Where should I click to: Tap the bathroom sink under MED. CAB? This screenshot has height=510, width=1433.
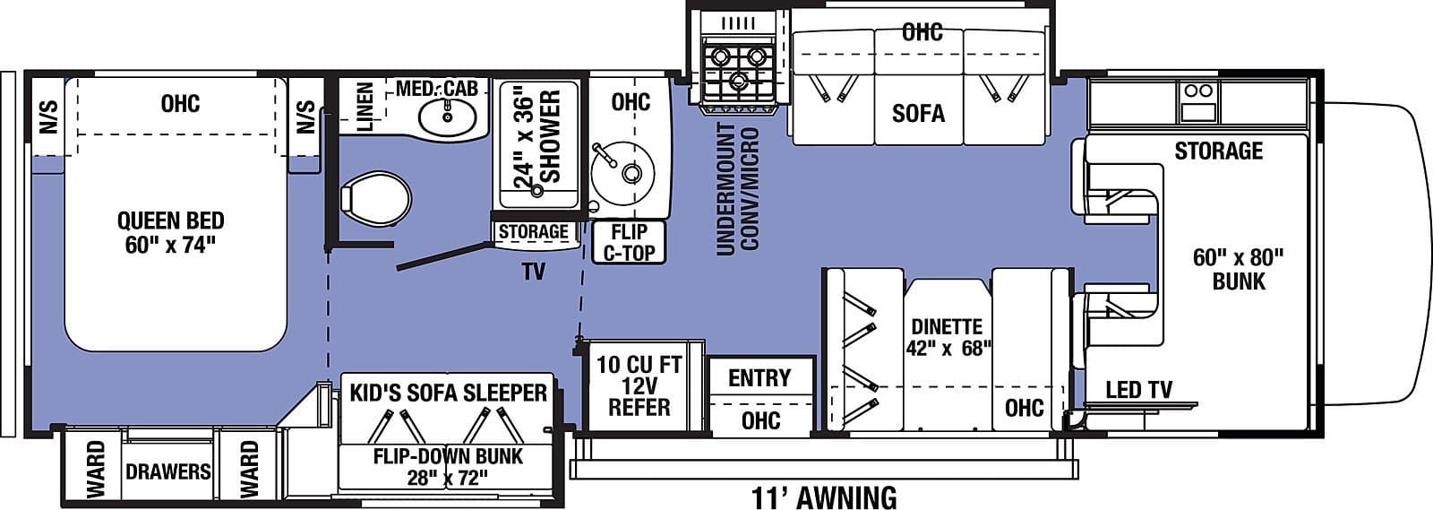pyautogui.click(x=445, y=116)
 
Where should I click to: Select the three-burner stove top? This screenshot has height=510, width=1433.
pyautogui.click(x=738, y=68)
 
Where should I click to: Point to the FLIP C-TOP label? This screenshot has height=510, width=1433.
pyautogui.click(x=629, y=242)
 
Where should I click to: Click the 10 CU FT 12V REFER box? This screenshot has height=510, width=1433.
pyautogui.click(x=639, y=386)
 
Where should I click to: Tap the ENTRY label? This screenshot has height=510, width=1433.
pyautogui.click(x=759, y=378)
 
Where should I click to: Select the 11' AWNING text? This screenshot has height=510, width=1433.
pyautogui.click(x=823, y=496)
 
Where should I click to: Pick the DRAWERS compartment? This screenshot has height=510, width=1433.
pyautogui.click(x=167, y=471)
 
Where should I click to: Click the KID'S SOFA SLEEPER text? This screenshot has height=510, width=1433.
pyautogui.click(x=448, y=393)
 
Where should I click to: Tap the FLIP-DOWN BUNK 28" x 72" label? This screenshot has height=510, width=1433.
pyautogui.click(x=448, y=466)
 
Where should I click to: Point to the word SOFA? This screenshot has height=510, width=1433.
pyautogui.click(x=918, y=113)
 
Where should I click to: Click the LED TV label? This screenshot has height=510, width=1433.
pyautogui.click(x=1137, y=390)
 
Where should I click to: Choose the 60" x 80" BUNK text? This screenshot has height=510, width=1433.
pyautogui.click(x=1238, y=269)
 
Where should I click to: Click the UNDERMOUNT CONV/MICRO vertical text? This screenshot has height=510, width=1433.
pyautogui.click(x=738, y=189)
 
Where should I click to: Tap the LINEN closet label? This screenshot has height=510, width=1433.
pyautogui.click(x=365, y=107)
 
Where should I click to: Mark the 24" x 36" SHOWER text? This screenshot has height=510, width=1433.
pyautogui.click(x=537, y=136)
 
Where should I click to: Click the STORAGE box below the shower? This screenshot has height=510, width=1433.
pyautogui.click(x=533, y=232)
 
